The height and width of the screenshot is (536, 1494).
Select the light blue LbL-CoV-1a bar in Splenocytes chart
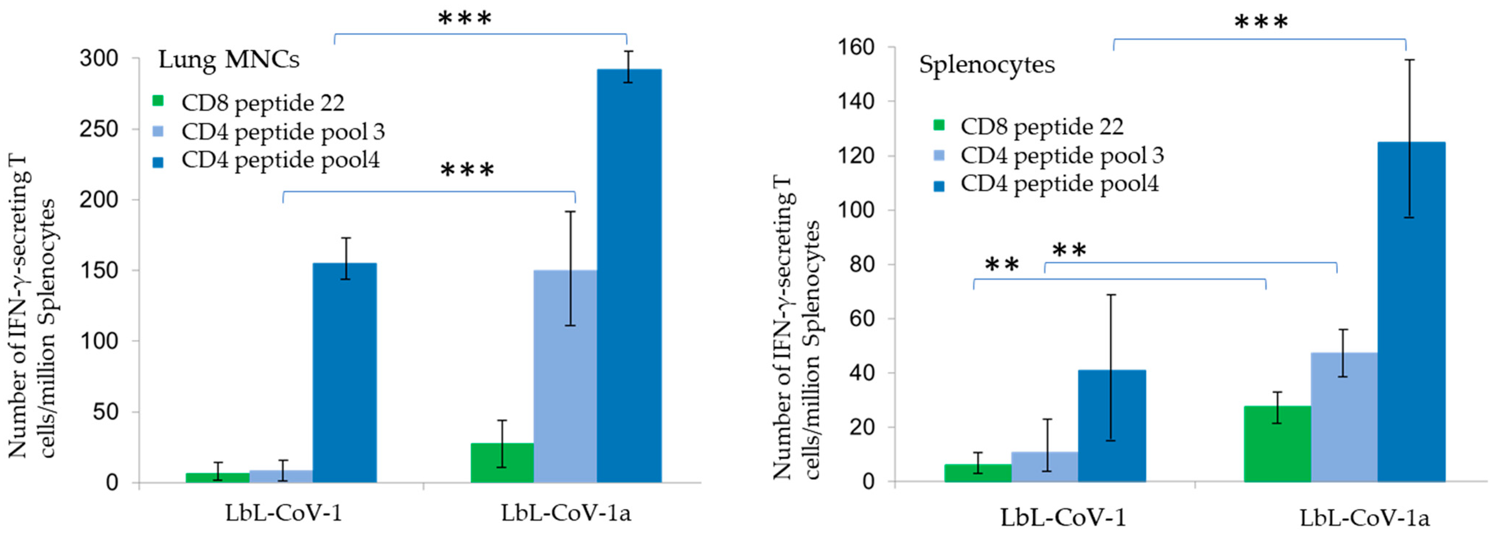pos(1344,417)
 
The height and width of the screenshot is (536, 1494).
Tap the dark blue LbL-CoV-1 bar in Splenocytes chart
pos(1112,426)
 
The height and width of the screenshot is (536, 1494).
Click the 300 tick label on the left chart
pos(99,59)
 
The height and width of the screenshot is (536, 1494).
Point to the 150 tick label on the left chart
pos(99,271)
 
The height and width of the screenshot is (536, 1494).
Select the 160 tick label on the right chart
pos(856,47)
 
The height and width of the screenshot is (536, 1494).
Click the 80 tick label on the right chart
pos(862,264)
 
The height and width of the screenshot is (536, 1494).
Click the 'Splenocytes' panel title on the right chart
pos(987,64)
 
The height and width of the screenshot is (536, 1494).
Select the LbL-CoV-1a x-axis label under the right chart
pos(1364,517)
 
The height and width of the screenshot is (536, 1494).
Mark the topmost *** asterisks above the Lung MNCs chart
pos(465,19)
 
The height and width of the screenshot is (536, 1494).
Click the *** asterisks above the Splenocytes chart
pos(1261,23)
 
